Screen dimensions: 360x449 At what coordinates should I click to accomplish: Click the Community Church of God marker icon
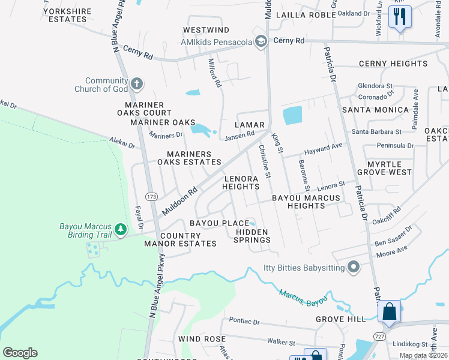[137, 83]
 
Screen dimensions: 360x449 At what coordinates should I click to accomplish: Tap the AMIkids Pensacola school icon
[261, 41]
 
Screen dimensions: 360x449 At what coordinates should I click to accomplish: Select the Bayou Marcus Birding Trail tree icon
[121, 229]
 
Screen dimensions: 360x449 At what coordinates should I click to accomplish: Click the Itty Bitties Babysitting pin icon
[354, 267]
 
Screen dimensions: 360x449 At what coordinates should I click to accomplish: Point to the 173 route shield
[151, 196]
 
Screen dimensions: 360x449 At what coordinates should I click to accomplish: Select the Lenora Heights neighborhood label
[241, 183]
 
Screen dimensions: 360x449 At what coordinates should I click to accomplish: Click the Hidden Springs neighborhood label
[253, 236]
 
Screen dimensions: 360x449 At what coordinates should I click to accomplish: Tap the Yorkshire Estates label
[66, 15]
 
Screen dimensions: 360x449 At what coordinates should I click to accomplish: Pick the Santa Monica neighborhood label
[367, 110]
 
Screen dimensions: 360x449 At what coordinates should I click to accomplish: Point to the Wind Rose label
[202, 339]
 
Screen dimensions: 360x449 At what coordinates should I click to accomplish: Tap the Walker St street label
[281, 343]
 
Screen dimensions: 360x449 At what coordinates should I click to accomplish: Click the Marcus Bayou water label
[303, 296]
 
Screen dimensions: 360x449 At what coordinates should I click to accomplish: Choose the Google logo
[20, 353]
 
